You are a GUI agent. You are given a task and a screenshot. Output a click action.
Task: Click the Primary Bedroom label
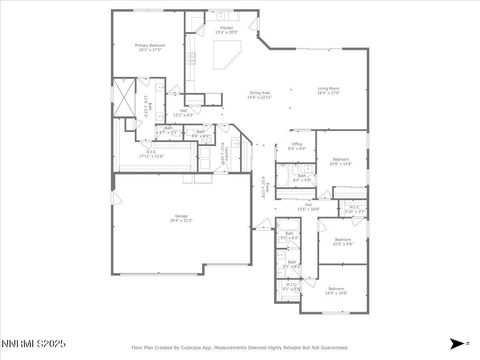(150, 46)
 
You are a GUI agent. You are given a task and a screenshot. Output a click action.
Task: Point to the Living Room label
(328, 89)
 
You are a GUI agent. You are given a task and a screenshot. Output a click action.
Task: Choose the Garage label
(181, 216)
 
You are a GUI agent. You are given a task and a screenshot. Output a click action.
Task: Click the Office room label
(297, 144)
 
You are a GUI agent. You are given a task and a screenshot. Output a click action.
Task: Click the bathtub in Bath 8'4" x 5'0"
(283, 176)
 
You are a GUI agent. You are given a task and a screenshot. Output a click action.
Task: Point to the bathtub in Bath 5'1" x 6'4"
(288, 224)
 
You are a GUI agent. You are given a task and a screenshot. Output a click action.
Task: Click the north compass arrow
(457, 344)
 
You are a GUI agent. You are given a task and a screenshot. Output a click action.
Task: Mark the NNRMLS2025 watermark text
(34, 344)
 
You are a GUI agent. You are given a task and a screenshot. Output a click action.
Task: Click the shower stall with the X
(124, 96)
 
